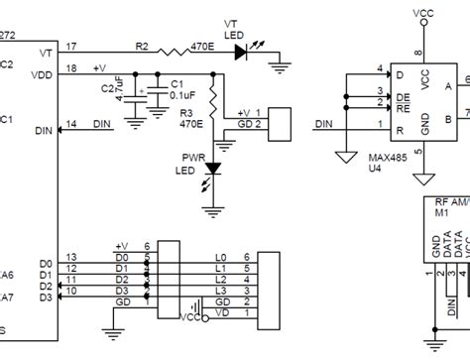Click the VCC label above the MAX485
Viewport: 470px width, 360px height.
420,14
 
